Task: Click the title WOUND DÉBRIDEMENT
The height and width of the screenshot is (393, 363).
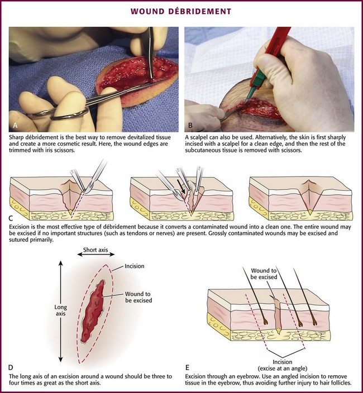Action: (x=181, y=12)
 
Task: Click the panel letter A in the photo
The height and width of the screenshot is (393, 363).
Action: (x=15, y=125)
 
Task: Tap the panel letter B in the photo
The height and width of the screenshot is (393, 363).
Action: (x=190, y=125)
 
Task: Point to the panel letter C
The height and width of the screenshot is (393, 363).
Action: (x=11, y=218)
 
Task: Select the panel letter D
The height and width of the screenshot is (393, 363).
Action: (x=11, y=367)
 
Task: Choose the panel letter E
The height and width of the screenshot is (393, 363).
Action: (x=187, y=367)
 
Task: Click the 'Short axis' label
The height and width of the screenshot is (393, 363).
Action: (x=95, y=250)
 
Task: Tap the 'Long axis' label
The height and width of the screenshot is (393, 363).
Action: (x=60, y=310)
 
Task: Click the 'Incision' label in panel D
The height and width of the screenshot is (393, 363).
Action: (x=135, y=266)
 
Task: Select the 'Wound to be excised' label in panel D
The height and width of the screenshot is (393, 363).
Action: (x=138, y=297)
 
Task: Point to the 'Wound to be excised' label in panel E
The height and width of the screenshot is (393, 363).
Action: (x=264, y=274)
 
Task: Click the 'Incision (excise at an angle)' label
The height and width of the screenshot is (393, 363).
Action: (x=282, y=365)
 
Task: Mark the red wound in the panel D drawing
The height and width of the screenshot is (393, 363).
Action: (x=93, y=311)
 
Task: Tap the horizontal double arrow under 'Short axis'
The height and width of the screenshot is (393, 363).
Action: (x=95, y=255)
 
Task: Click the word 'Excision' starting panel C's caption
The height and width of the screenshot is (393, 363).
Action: (x=19, y=227)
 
